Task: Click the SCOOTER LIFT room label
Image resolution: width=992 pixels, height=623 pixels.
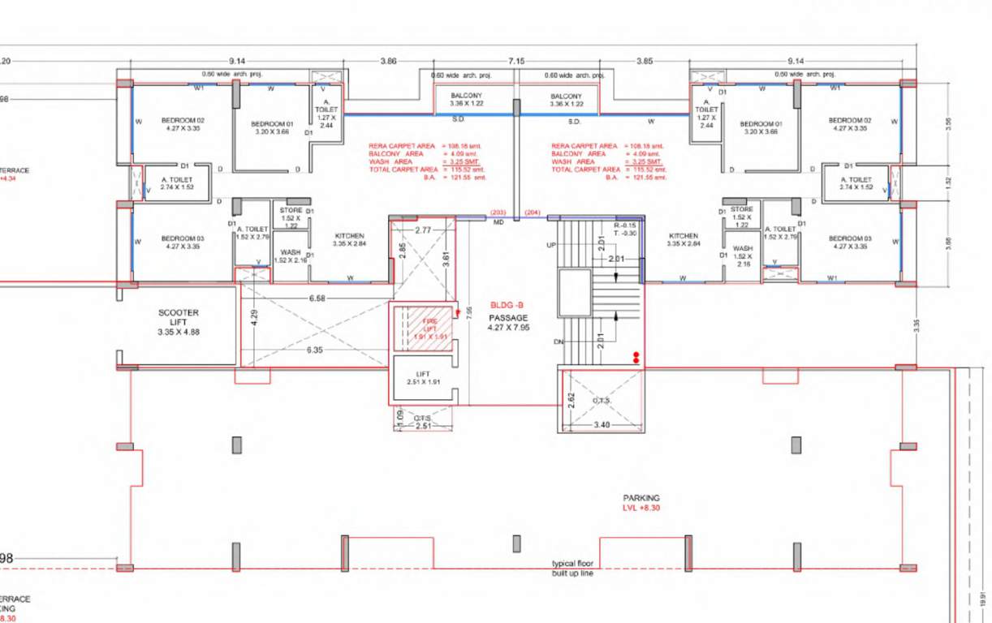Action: click(178, 322)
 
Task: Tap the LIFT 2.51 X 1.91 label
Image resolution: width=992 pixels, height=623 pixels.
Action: click(422, 378)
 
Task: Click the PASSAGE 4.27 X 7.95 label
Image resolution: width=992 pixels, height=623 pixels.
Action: click(508, 323)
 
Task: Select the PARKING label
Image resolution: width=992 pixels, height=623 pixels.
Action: click(641, 498)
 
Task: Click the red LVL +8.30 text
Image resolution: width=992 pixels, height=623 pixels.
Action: click(641, 508)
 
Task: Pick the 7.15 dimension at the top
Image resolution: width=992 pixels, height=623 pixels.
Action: click(516, 62)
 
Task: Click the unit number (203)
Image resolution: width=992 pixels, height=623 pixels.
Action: click(498, 213)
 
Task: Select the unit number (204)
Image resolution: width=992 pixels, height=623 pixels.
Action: click(533, 213)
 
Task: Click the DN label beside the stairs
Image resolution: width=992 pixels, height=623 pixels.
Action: click(559, 342)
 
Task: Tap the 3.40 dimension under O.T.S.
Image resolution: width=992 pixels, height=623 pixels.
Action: click(602, 424)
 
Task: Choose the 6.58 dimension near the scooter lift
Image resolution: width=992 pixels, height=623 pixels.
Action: click(317, 299)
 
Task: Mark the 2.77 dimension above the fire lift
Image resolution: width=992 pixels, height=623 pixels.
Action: click(423, 231)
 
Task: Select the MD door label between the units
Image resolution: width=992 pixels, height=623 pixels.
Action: click(498, 221)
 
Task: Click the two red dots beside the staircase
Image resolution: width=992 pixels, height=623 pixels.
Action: click(636, 357)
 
